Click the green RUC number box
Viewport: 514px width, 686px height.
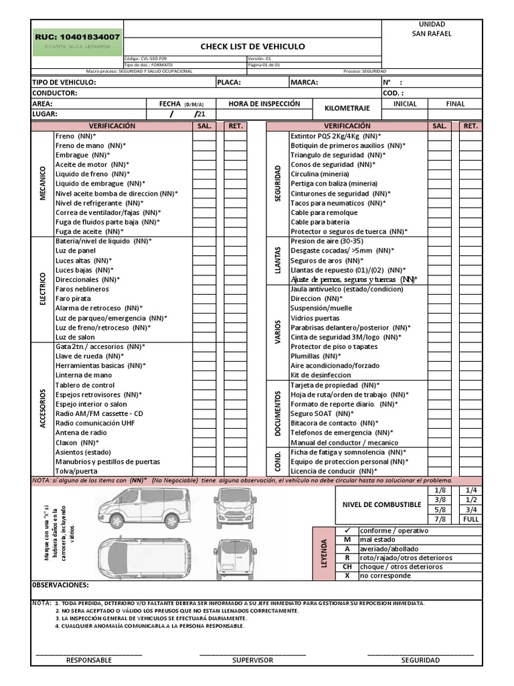pyautogui.click(x=78, y=38)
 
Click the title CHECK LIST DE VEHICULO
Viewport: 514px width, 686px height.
pyautogui.click(x=252, y=46)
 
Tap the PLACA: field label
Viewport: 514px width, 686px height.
pyautogui.click(x=229, y=82)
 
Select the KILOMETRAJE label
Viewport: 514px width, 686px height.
pyautogui.click(x=347, y=108)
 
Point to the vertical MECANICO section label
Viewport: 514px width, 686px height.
pyautogui.click(x=43, y=183)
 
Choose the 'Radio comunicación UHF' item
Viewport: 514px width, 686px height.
pyautogui.click(x=94, y=423)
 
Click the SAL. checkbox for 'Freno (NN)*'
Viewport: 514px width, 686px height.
pyautogui.click(x=203, y=135)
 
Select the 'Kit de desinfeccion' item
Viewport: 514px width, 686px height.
pyautogui.click(x=321, y=375)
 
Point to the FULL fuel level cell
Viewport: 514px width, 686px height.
pyautogui.click(x=470, y=519)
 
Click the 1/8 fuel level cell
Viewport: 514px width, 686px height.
pyautogui.click(x=440, y=490)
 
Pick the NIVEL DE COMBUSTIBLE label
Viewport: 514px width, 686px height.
pyautogui.click(x=381, y=504)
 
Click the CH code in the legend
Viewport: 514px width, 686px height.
pyautogui.click(x=347, y=567)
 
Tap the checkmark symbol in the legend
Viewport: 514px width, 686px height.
pyautogui.click(x=347, y=530)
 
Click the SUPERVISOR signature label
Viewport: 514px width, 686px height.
pyautogui.click(x=252, y=660)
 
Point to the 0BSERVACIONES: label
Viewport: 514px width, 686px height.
pyautogui.click(x=61, y=585)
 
